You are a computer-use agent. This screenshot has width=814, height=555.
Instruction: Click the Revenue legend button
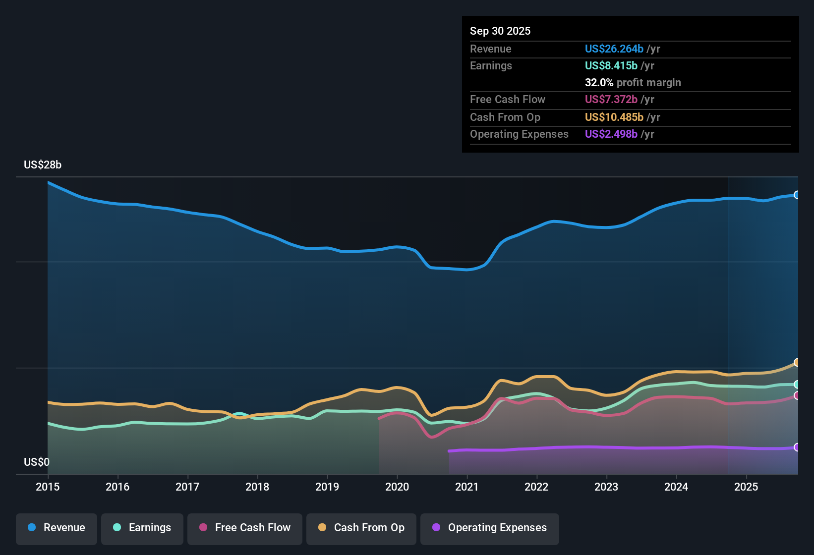[57, 528]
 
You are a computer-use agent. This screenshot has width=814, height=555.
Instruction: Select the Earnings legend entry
[142, 528]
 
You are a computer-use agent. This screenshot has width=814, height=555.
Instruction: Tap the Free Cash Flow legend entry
[245, 528]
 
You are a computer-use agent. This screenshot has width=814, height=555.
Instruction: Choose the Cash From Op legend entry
[361, 528]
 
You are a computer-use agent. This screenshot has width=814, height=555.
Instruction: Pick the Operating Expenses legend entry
[490, 528]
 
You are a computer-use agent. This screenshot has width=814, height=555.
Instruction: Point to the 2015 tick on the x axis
[48, 487]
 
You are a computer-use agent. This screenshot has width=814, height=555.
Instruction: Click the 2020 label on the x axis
[397, 487]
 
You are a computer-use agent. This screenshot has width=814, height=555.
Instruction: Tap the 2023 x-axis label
[606, 487]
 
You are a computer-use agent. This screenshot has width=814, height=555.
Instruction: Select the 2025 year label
[746, 487]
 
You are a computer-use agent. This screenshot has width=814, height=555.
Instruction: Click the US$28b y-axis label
[43, 165]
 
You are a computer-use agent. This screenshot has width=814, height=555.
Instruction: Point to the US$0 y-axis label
[37, 462]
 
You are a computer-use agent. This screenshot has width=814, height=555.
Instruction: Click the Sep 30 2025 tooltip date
[500, 31]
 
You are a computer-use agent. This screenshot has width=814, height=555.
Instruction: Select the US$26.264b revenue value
[614, 49]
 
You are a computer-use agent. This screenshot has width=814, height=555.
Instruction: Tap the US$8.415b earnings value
[611, 66]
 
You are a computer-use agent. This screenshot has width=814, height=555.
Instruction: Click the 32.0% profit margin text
[633, 83]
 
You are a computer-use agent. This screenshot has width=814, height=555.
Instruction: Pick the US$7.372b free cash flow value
[611, 100]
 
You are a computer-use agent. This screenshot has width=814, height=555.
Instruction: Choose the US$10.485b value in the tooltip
[614, 117]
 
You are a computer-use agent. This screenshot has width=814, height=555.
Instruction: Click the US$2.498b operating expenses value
[611, 134]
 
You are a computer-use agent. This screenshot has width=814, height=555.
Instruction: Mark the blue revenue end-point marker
[797, 195]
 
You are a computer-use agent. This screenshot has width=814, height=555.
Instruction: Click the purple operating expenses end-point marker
[797, 447]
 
